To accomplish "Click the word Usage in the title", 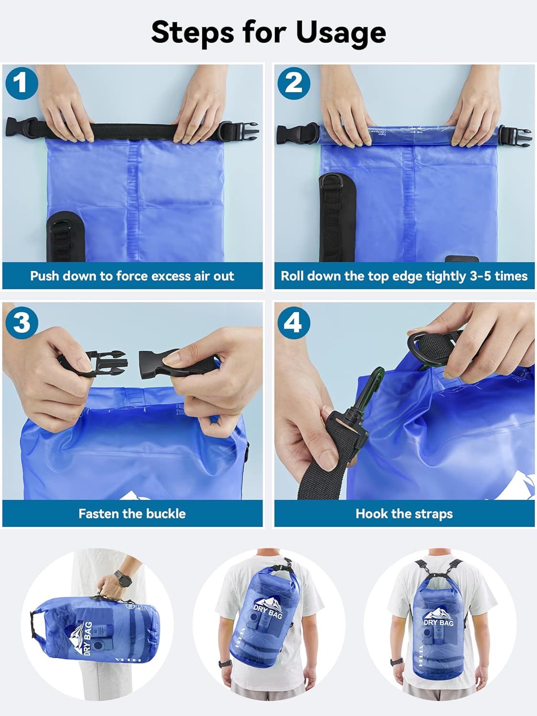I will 340,32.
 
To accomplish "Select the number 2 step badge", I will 293,84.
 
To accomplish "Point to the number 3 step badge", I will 21,323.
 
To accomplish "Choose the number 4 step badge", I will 293,323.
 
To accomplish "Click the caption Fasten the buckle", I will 132,514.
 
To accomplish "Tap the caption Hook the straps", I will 404,514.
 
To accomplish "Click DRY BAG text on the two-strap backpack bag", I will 438,622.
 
